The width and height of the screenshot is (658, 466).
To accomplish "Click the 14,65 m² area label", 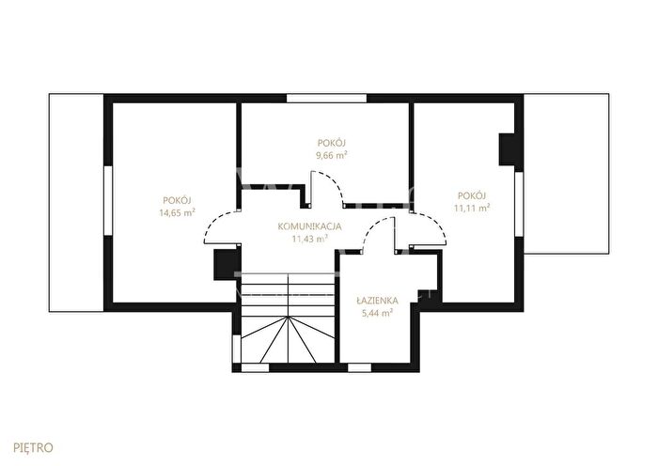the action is point(177,212).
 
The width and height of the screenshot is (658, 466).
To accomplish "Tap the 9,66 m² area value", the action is point(332,156).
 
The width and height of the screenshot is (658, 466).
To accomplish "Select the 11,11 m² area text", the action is point(472,208).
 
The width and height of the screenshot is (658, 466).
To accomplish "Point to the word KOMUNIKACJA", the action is point(309,227).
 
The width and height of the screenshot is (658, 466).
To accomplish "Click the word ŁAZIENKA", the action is point(377,301).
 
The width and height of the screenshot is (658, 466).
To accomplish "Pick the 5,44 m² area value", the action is point(377,313).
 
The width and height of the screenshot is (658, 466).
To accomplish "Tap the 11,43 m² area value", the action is point(309,239).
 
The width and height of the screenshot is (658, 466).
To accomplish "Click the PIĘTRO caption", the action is point(34,448).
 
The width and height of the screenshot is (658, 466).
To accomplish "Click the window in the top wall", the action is point(326,98).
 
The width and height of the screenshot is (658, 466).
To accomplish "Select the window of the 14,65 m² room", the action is point(108,200).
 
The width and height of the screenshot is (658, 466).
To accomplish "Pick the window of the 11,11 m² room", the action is point(519,204).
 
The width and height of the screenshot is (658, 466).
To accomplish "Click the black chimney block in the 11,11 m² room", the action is point(507,149).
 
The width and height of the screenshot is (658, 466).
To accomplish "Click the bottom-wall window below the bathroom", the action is point(360,368).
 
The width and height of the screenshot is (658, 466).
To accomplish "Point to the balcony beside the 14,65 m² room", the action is point(76,203).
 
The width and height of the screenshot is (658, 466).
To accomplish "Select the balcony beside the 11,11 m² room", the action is point(567,174).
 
